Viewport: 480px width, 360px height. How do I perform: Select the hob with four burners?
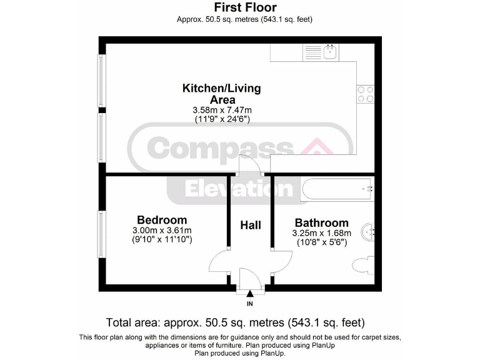tap(366, 94)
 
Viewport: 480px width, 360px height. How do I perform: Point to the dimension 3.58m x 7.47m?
tap(221, 110)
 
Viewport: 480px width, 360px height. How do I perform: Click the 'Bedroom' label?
tap(162, 220)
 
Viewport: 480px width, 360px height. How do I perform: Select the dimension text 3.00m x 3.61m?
tap(162, 230)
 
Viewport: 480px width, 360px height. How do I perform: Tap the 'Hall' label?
tap(251, 225)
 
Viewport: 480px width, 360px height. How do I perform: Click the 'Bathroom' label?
tap(321, 223)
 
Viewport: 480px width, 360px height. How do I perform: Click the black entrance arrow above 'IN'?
tap(251, 293)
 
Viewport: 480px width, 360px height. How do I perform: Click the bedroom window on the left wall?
tap(101, 234)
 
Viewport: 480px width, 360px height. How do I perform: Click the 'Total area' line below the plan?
tap(235, 322)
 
